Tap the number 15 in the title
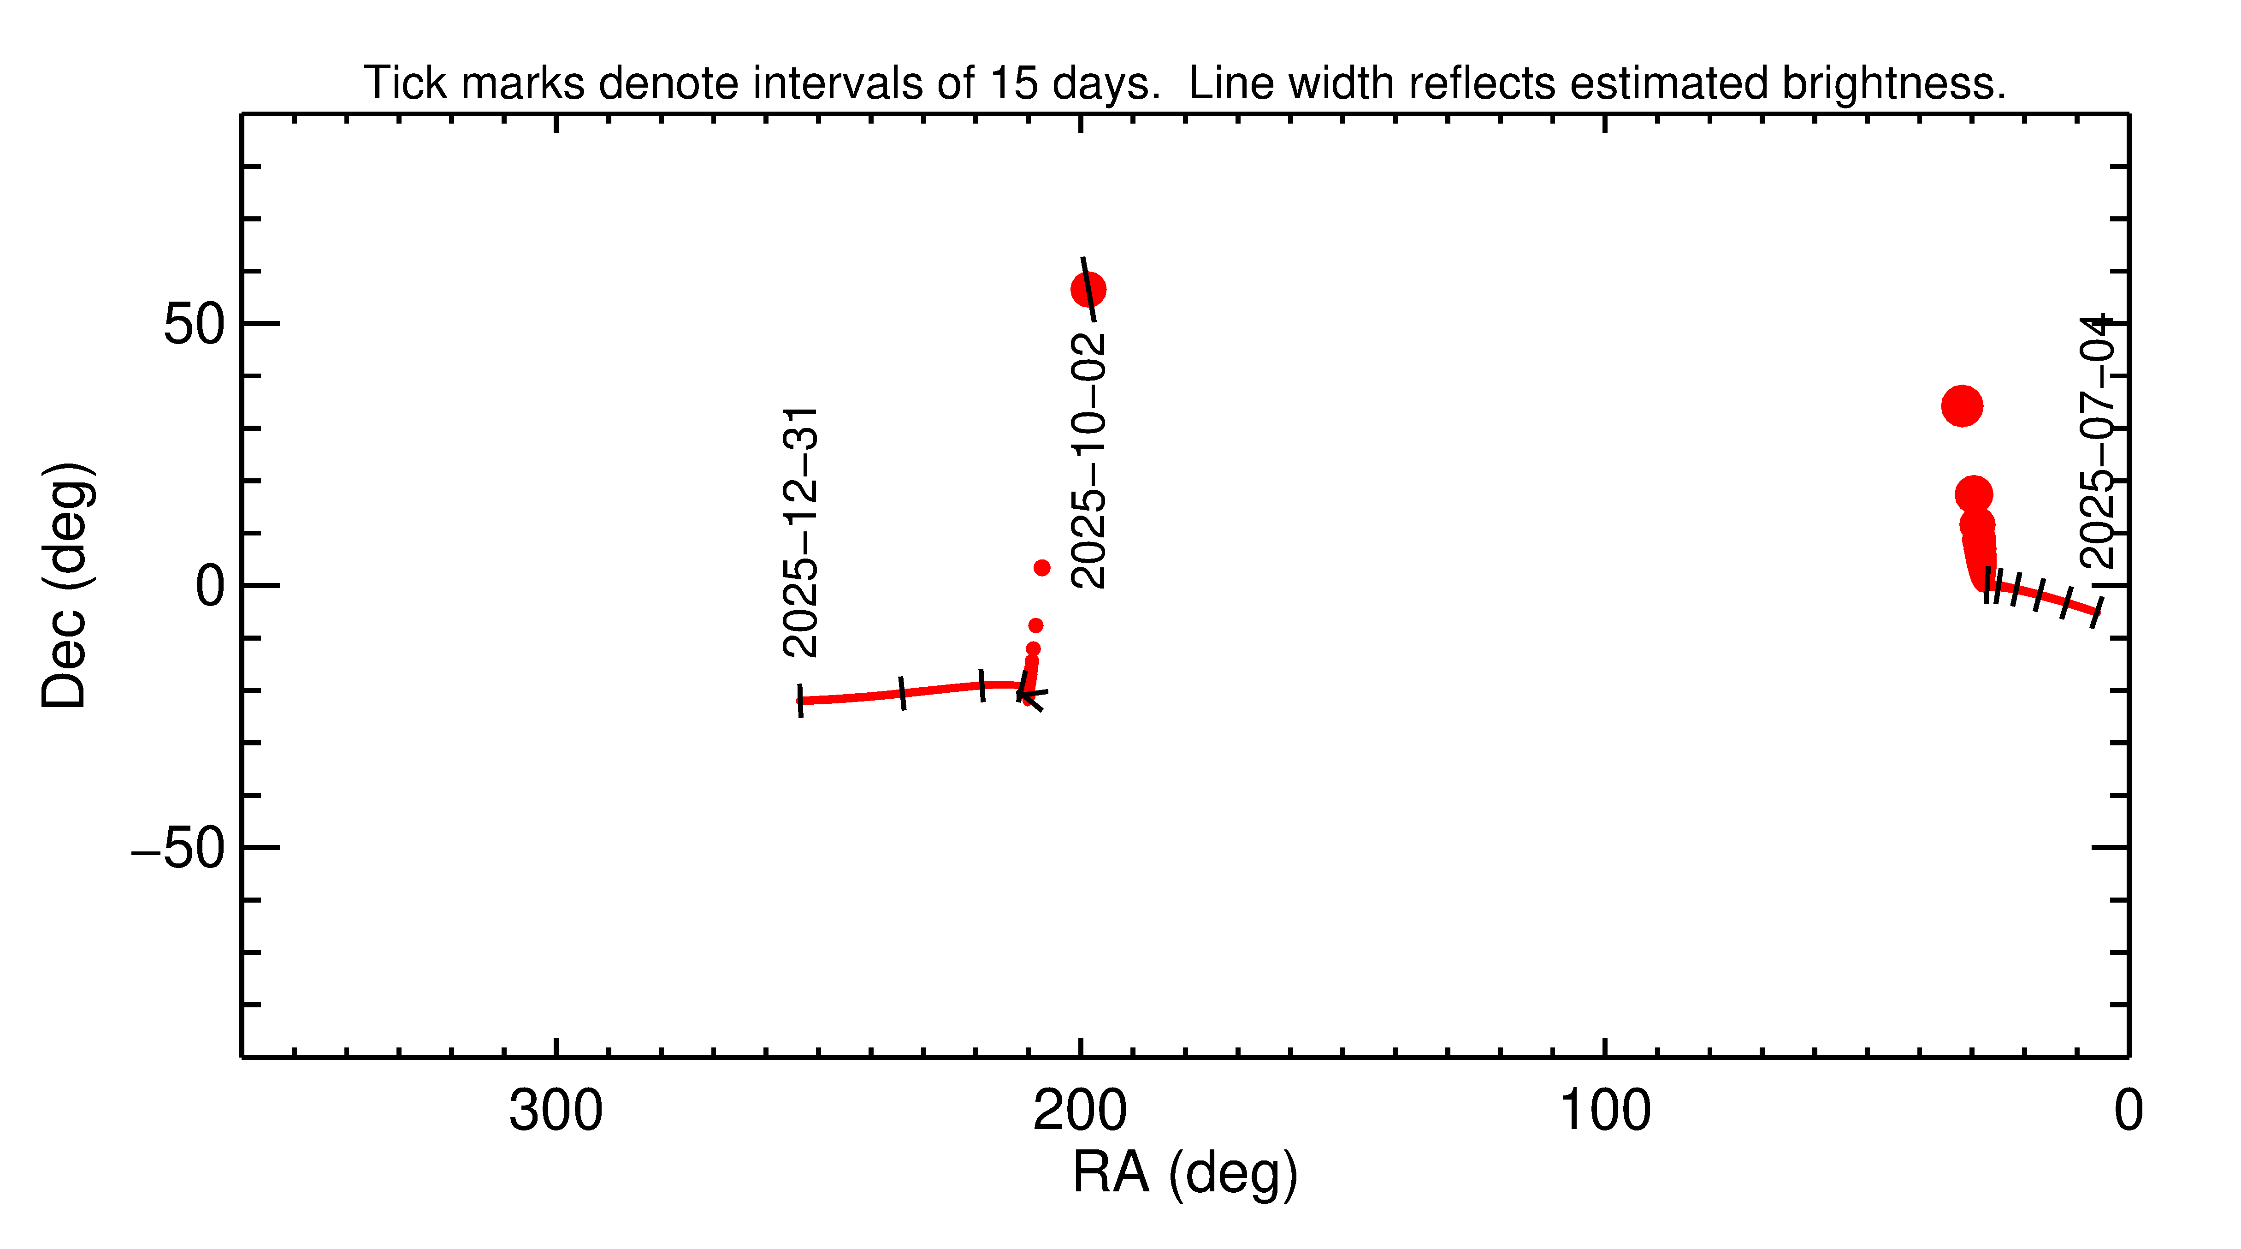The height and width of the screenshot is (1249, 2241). [x=1013, y=83]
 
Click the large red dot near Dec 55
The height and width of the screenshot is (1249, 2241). [x=1088, y=290]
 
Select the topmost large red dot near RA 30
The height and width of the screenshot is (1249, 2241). [x=1962, y=405]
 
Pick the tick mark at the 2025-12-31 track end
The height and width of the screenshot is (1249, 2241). [x=800, y=701]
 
